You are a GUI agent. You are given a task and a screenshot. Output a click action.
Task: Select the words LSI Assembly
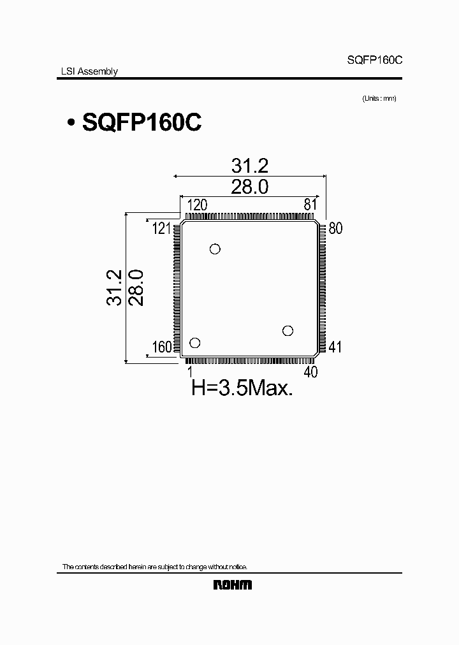point(84,71)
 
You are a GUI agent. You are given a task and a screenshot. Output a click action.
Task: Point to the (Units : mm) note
point(379,98)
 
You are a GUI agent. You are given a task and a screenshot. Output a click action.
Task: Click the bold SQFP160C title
point(142,122)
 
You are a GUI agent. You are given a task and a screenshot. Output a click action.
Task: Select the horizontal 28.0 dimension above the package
point(250,187)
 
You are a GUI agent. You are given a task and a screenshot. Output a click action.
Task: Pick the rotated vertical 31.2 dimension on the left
point(114,288)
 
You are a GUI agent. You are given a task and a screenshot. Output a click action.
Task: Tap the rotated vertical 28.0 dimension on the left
point(136,288)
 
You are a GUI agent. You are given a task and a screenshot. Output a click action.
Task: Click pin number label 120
point(197,205)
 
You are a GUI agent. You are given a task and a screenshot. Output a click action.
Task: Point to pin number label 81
point(310,205)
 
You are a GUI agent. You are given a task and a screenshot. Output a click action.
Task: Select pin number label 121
point(161,228)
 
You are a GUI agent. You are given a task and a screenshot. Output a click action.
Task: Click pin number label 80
point(335,228)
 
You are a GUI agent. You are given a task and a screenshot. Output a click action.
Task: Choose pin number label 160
point(162,347)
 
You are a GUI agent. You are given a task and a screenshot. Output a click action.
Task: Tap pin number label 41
point(335,347)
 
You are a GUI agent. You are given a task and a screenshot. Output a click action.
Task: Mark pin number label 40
point(310,372)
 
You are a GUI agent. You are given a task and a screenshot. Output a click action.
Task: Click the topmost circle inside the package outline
point(215,249)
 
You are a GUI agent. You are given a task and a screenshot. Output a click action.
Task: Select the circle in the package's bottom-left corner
point(195,343)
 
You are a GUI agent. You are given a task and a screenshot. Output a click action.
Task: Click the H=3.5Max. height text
point(242,388)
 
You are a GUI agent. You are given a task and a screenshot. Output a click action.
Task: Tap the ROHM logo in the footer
point(231,585)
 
